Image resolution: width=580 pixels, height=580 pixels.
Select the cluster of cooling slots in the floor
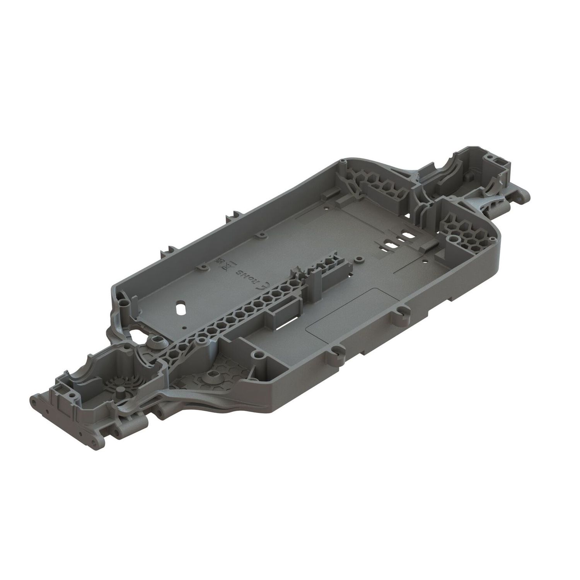click(x=396, y=242)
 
